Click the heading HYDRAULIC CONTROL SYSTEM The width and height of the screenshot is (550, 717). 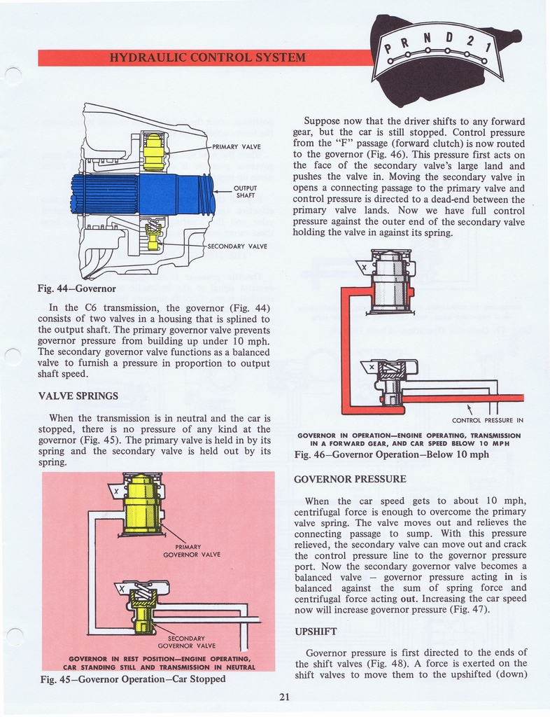pos(208,57)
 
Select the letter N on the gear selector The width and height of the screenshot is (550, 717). pos(428,38)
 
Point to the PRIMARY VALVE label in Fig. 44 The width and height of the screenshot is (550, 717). pos(237,147)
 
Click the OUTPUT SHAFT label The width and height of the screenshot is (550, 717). pos(245,192)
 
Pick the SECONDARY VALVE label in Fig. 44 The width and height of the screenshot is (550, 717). pos(237,246)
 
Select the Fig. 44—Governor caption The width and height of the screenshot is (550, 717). pos(77,288)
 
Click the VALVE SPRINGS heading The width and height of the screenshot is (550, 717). pos(78,396)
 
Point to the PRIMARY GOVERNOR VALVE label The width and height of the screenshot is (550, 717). pos(192,550)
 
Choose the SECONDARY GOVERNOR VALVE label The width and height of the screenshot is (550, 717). pos(186,642)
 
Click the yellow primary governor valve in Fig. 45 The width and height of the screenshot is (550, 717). pos(143,503)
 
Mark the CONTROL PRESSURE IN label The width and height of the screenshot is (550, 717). pos(488,420)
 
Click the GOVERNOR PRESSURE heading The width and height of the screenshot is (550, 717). pos(350,479)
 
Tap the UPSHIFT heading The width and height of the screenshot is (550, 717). pos(316,632)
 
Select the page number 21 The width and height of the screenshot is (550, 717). pos(285,697)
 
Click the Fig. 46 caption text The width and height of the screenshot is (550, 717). pos(392,454)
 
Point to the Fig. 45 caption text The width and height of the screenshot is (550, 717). pos(133,679)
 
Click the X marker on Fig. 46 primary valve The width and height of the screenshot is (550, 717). pos(364,267)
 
